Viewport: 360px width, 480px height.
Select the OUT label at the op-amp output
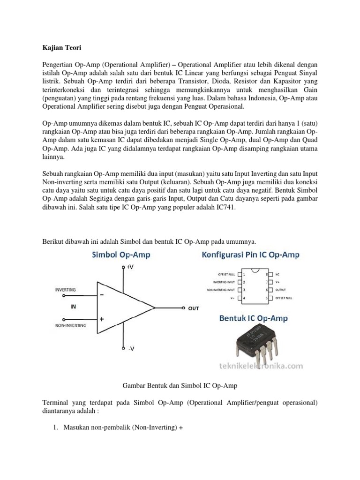click(194, 308)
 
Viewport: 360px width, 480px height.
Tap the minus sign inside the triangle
click(102, 296)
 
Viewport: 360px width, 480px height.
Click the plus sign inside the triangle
click(102, 319)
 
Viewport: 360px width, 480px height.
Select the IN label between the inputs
click(73, 307)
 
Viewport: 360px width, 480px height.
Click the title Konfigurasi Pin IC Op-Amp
click(250, 255)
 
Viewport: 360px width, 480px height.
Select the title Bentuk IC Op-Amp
click(254, 319)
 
